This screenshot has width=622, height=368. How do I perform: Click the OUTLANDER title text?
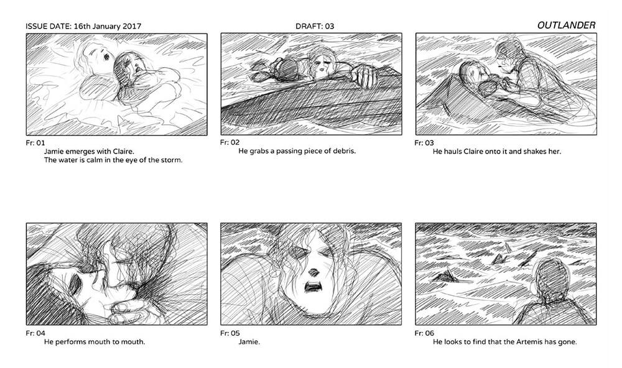[566, 25]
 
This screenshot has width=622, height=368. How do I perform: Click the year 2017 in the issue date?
[132, 27]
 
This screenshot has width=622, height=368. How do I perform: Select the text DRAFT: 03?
[315, 27]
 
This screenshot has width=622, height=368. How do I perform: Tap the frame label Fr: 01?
[35, 143]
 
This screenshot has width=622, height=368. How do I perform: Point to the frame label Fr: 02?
[230, 142]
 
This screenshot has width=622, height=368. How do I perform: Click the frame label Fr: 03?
[424, 143]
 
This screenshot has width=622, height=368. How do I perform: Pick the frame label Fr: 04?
[35, 333]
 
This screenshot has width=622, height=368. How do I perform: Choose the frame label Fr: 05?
[230, 333]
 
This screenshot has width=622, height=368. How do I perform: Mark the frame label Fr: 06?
[424, 333]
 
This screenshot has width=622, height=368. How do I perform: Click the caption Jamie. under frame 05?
[249, 342]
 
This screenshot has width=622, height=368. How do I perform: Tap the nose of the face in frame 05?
[313, 272]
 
